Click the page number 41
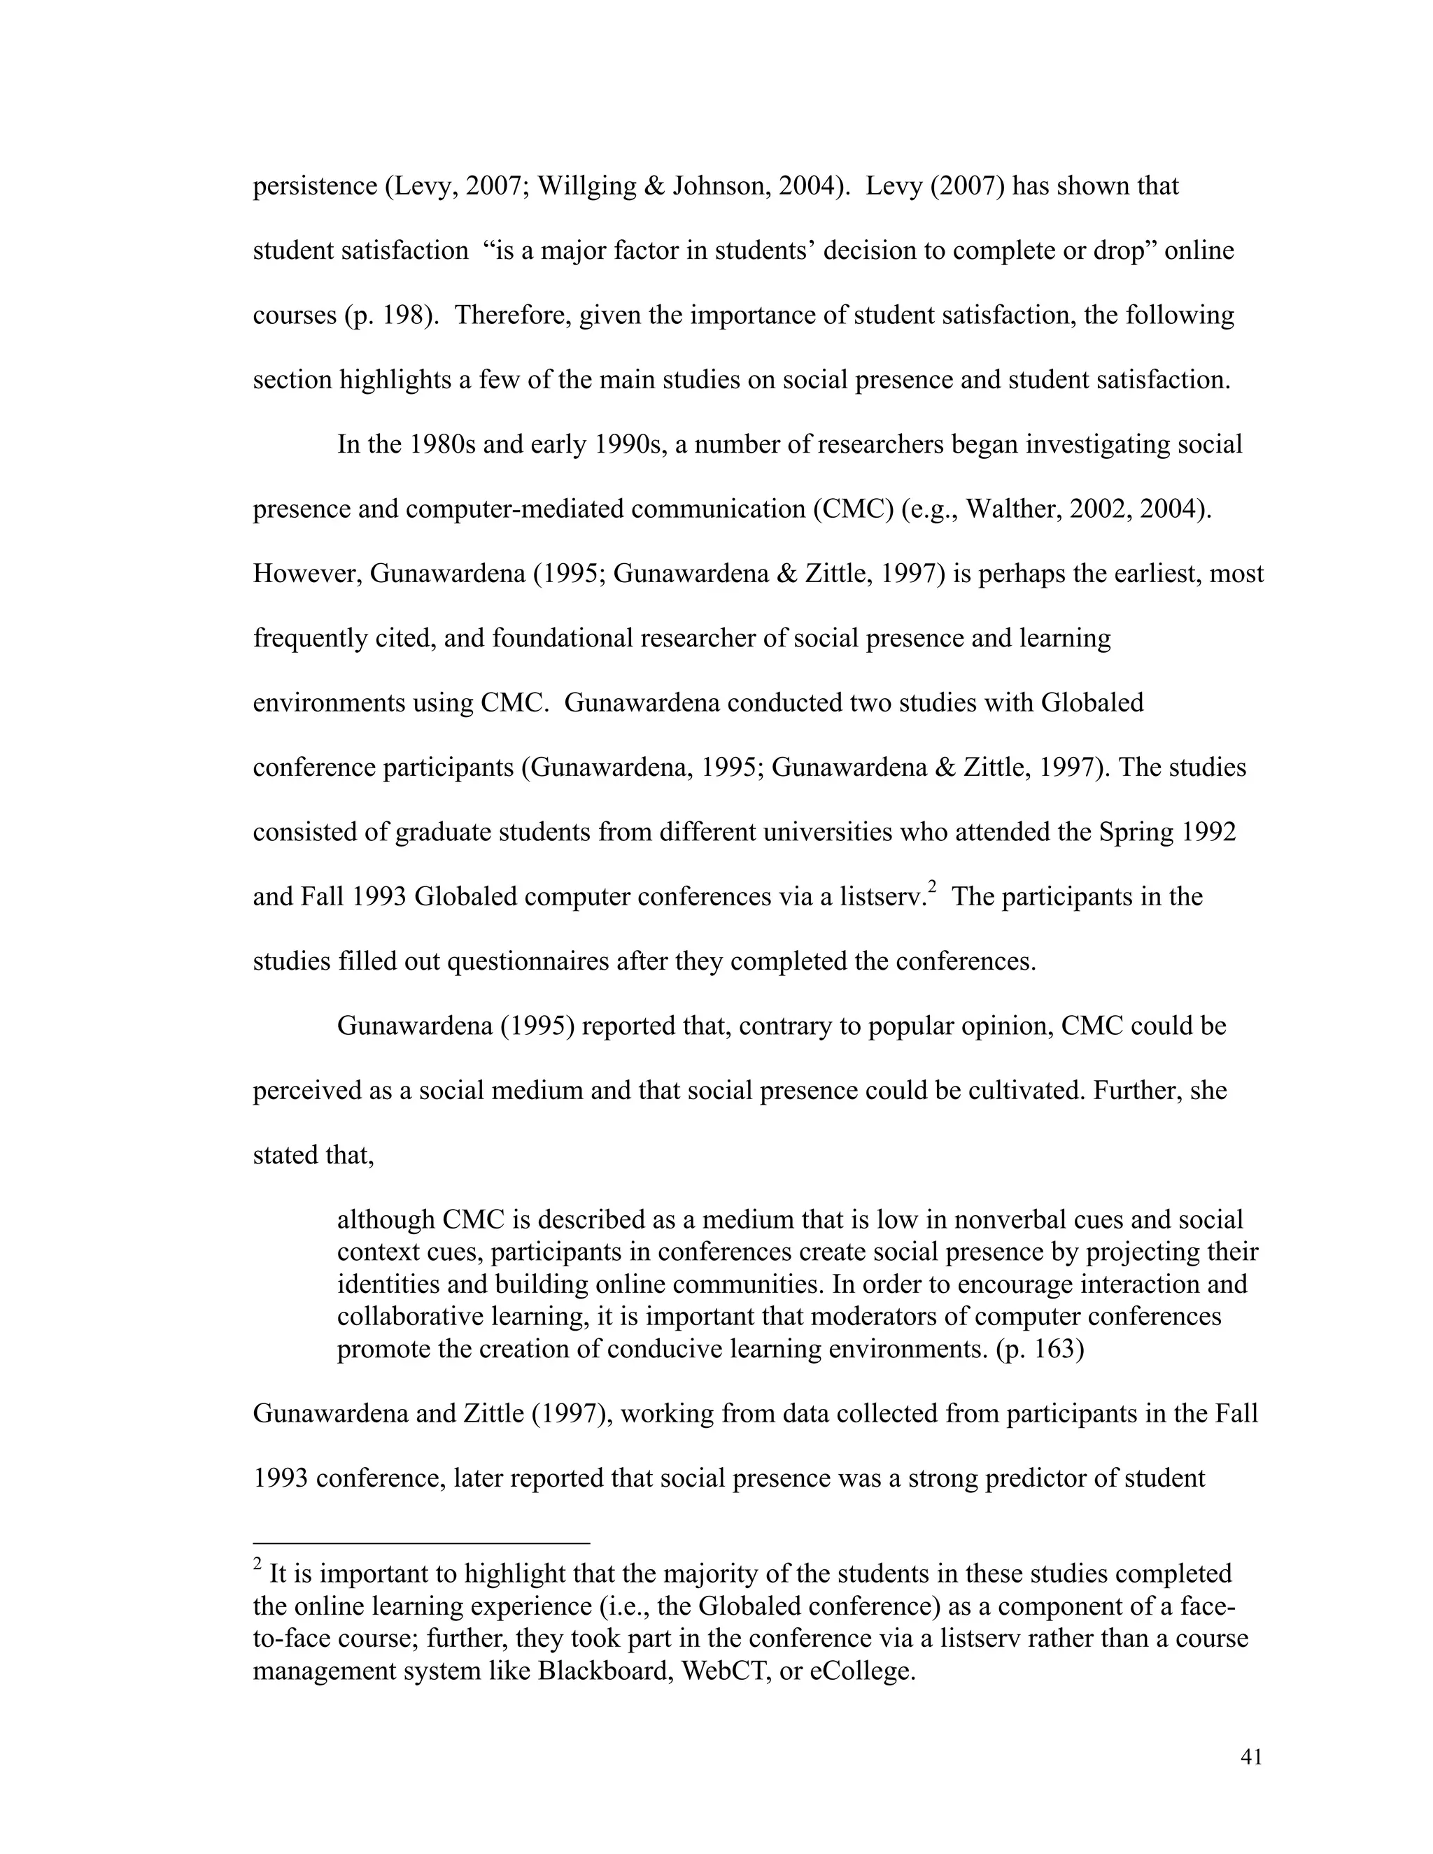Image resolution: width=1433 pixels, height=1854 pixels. [x=1250, y=1757]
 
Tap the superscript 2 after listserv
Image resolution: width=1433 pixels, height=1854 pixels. [x=931, y=887]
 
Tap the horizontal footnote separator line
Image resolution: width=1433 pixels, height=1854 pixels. [x=421, y=1543]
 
